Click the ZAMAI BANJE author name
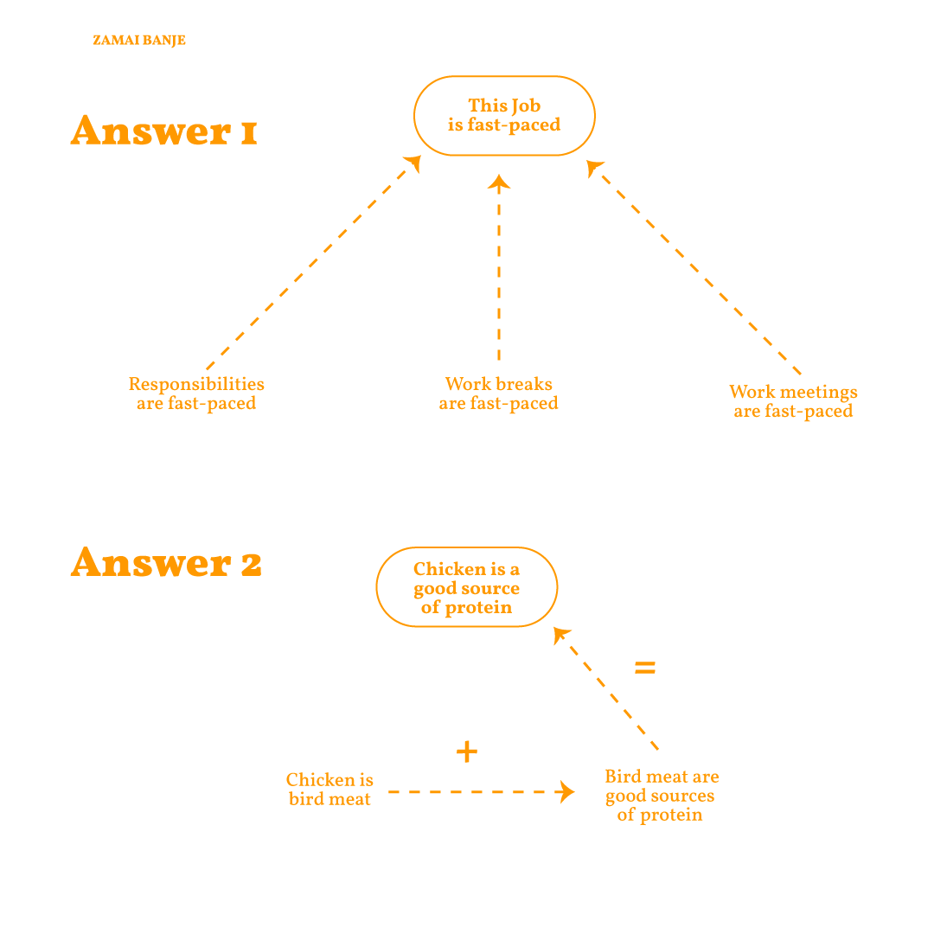coord(138,41)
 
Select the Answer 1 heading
coord(163,131)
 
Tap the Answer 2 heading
coord(166,562)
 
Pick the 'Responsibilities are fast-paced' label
coord(196,393)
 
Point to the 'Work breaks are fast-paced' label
coord(499,393)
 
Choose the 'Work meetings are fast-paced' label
coord(793,401)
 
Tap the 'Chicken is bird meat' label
coord(330,790)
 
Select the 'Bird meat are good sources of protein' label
coord(662,796)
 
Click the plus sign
coord(467,752)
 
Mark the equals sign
coord(645,668)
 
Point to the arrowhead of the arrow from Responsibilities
coord(413,163)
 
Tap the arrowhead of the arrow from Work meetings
coord(594,168)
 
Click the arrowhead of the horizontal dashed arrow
coord(566,792)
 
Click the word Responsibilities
coord(196,384)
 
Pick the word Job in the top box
coord(526,106)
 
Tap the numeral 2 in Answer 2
coord(252,564)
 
